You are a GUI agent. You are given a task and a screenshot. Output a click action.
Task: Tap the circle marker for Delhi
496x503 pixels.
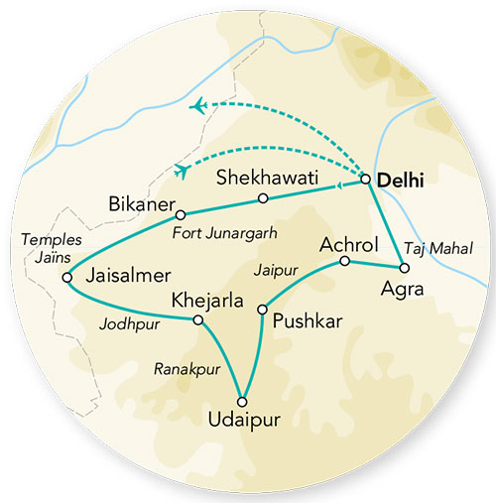pyautogui.click(x=365, y=180)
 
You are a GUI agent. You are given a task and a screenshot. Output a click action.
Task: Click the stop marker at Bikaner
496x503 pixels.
pyautogui.click(x=181, y=214)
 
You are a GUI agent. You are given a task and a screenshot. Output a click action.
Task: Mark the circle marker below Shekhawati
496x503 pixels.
pyautogui.click(x=263, y=198)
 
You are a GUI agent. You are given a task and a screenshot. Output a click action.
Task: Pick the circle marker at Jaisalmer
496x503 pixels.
pyautogui.click(x=67, y=278)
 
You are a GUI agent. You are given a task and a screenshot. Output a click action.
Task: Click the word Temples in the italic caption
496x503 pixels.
pyautogui.click(x=41, y=240)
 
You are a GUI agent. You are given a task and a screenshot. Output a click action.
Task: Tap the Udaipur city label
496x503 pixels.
pyautogui.click(x=243, y=422)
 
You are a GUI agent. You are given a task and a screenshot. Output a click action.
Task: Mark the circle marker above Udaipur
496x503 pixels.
pyautogui.click(x=243, y=401)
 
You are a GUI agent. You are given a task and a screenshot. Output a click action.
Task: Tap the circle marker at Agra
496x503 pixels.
pyautogui.click(x=402, y=268)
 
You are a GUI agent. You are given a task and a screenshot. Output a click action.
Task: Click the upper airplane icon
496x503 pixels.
pyautogui.click(x=201, y=105)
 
